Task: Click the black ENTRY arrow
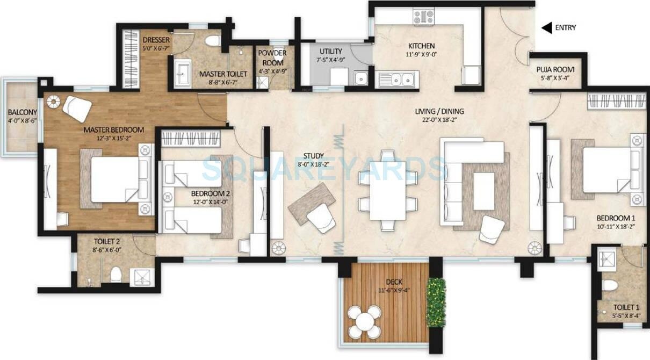547,28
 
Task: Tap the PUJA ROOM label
555,69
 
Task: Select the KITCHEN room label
421,46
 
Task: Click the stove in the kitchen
423,16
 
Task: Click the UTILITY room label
331,52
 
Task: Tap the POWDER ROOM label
272,58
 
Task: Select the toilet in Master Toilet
213,40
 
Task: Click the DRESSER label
156,40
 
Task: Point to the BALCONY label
22,112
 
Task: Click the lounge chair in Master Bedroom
77,108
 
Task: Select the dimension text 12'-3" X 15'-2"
113,139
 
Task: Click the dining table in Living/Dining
388,191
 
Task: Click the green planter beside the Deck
436,302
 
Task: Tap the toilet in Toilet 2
115,276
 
